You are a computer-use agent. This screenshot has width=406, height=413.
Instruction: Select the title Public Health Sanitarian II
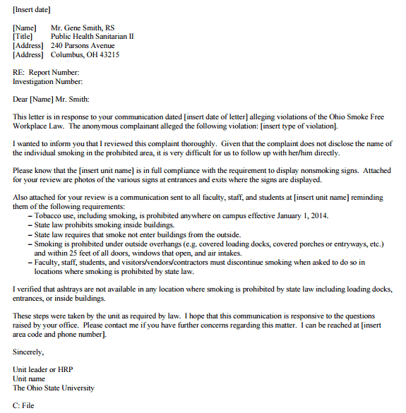pyautogui.click(x=92, y=36)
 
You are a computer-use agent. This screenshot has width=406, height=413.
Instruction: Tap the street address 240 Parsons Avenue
pyautogui.click(x=83, y=45)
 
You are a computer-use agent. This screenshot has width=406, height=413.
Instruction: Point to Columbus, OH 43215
pyautogui.click(x=85, y=54)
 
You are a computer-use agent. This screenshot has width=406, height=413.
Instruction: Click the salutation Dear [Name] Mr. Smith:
pyautogui.click(x=52, y=99)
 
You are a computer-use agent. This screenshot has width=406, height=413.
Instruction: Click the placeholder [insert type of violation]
pyautogui.click(x=299, y=126)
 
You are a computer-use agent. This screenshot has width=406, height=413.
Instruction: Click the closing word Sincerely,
pyautogui.click(x=29, y=352)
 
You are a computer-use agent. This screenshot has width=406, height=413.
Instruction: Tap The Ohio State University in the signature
pyautogui.click(x=54, y=388)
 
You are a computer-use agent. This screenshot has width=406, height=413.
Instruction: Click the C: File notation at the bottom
pyautogui.click(x=23, y=406)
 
